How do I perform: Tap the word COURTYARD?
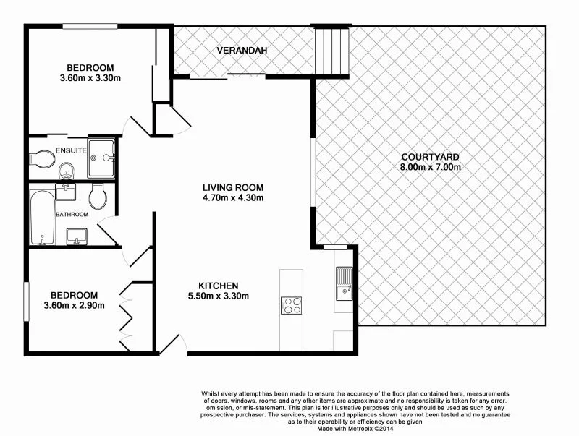[431, 157]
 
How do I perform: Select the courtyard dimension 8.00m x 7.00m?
[431, 167]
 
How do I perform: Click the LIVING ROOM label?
[232, 187]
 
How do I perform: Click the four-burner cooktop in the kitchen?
[292, 306]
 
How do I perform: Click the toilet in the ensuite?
[43, 158]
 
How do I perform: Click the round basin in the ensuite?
[67, 171]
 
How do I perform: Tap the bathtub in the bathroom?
[43, 215]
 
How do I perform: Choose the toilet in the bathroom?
[98, 196]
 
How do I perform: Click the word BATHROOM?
[72, 215]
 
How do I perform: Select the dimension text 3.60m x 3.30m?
[90, 78]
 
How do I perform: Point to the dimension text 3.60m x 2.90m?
[75, 305]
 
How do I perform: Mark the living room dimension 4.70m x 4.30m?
[232, 197]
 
